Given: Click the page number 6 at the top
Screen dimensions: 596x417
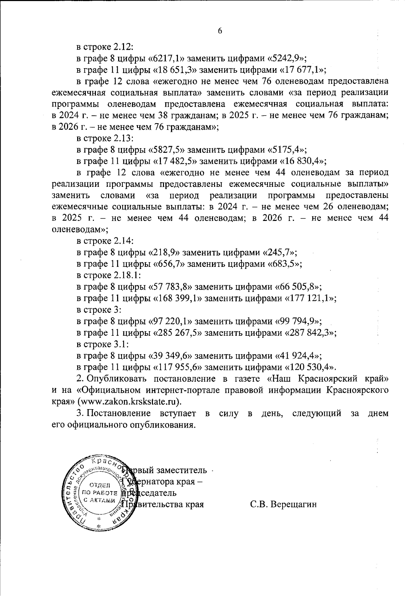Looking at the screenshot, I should (220, 31).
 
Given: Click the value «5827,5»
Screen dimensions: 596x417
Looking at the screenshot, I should (168, 150).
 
